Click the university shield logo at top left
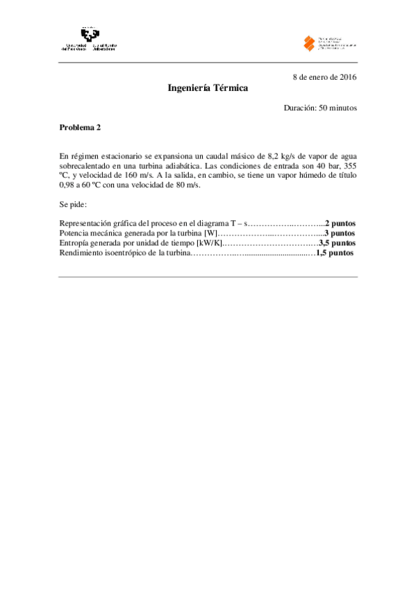[88, 35]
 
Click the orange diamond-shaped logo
[309, 43]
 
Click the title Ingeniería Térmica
[208, 89]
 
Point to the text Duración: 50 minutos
[320, 108]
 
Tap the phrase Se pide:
[73, 205]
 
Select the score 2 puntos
[340, 224]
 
